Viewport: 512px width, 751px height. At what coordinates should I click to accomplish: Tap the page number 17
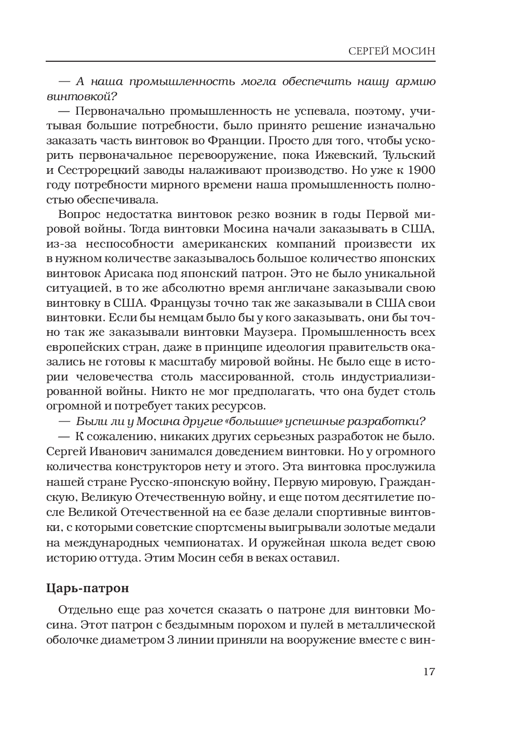point(428,671)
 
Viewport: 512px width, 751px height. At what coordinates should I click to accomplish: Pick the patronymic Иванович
point(115,452)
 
